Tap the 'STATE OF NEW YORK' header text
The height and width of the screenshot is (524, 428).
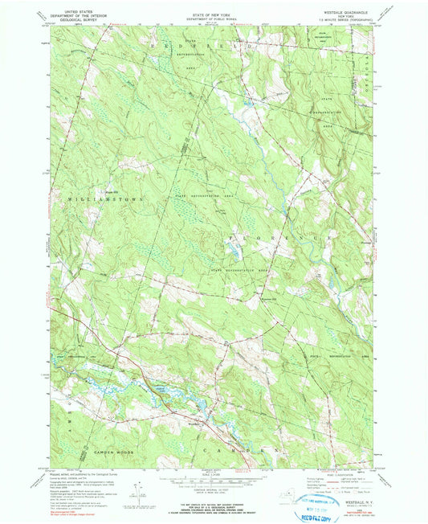pyautogui.click(x=214, y=9)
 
